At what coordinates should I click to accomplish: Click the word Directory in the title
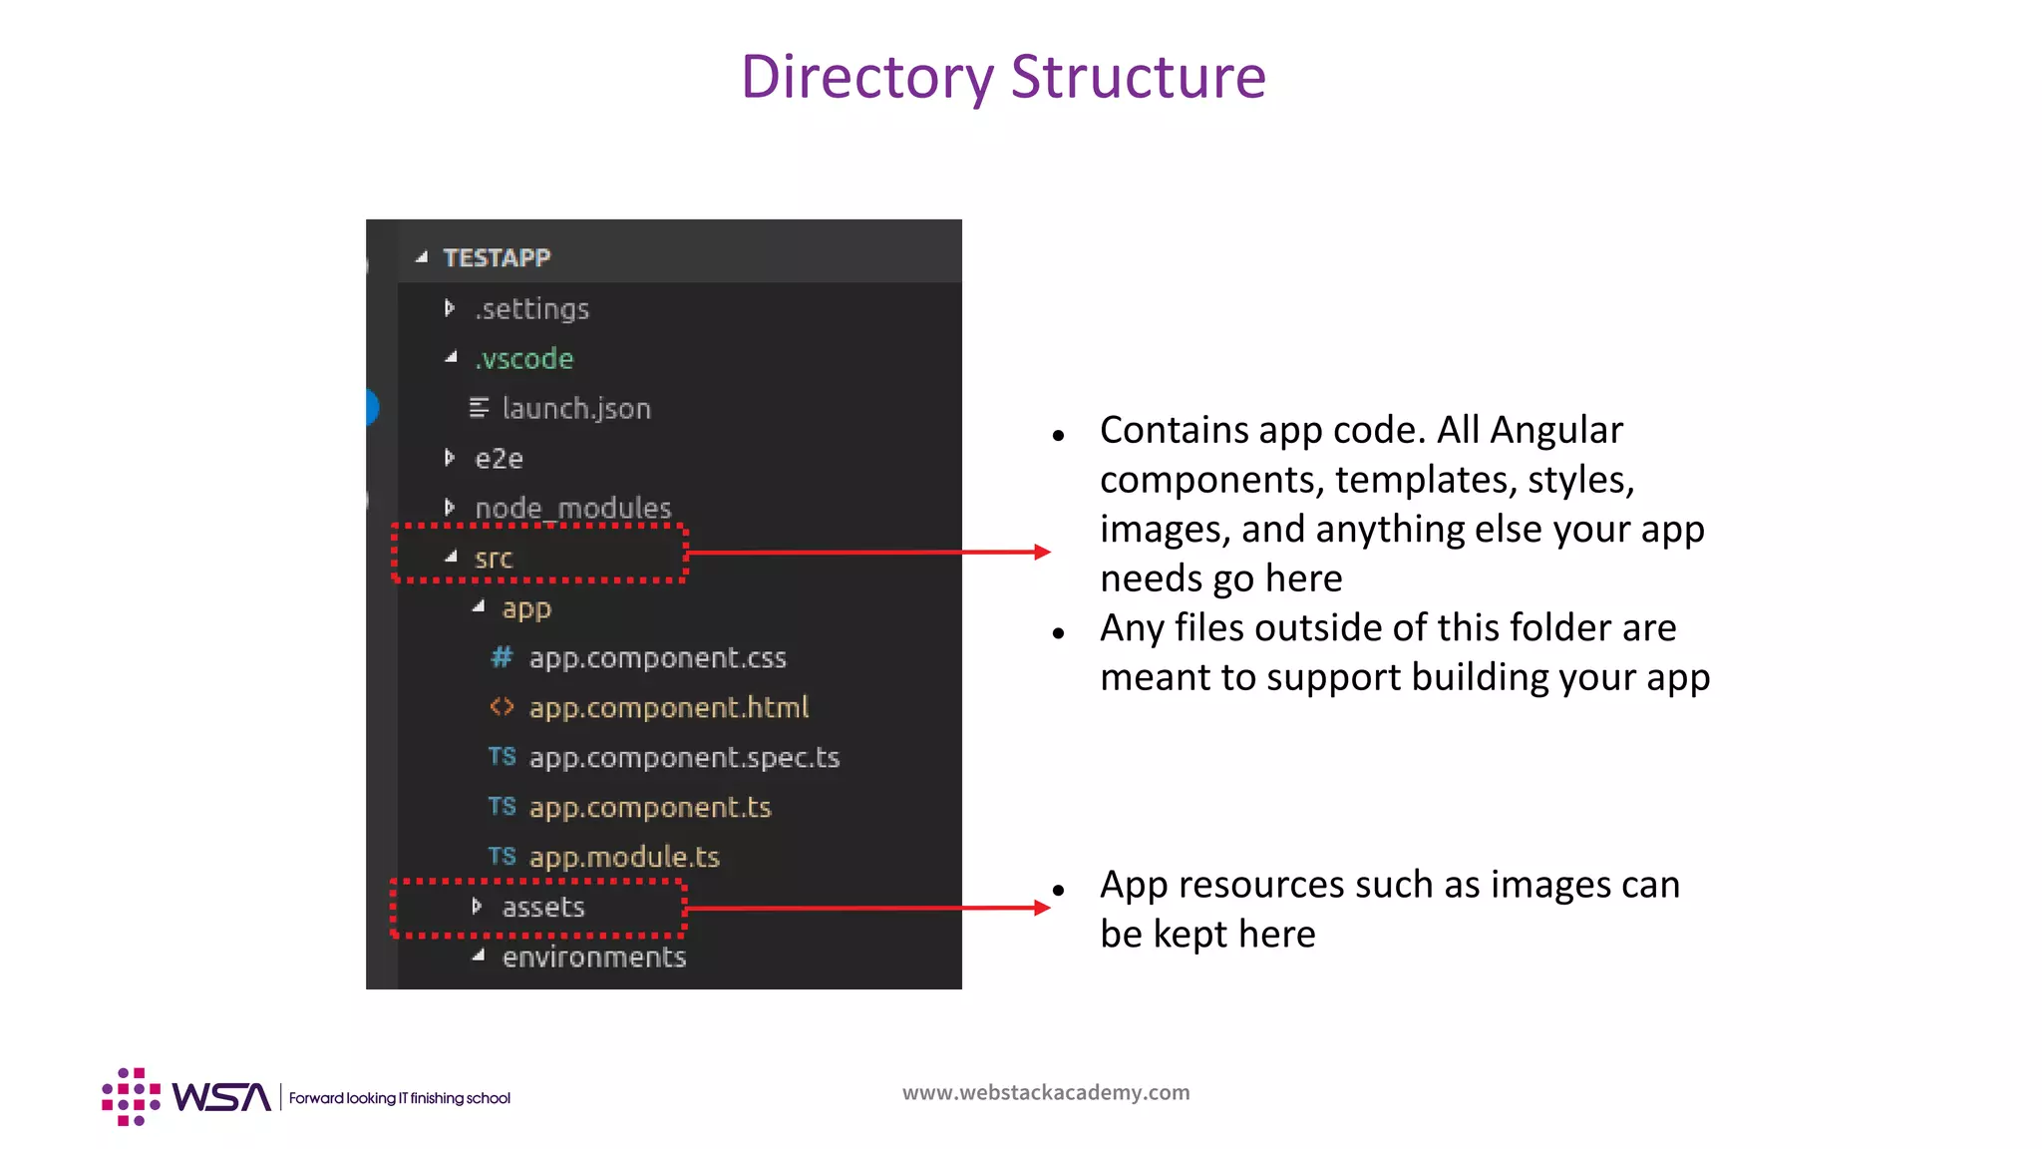[867, 77]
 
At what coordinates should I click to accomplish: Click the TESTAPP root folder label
[497, 258]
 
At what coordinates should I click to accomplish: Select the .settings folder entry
[532, 309]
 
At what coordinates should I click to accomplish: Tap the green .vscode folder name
[524, 359]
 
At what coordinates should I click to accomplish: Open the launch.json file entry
[576, 409]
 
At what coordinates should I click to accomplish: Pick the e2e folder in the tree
[499, 459]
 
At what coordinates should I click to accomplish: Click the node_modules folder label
[573, 509]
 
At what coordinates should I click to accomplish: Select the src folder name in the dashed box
[494, 559]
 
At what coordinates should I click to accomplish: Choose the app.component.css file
[657, 658]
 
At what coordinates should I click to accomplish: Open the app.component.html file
[668, 708]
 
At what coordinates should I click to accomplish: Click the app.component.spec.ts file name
[684, 758]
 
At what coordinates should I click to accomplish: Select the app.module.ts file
[624, 858]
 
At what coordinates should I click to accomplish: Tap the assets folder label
[543, 908]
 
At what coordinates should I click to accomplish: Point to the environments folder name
[594, 957]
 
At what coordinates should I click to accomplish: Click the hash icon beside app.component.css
[502, 657]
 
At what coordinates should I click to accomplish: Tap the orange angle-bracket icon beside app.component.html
[502, 707]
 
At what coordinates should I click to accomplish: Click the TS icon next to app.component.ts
[502, 806]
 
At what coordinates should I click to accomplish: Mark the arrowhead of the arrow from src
[1043, 552]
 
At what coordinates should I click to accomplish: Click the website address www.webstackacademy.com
[1046, 1092]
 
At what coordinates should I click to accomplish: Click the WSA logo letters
[221, 1097]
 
